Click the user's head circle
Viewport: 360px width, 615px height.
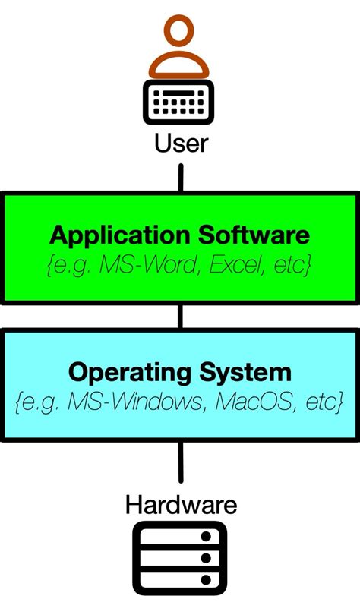point(180,34)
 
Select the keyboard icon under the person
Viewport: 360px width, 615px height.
point(181,103)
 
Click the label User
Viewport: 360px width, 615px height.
point(181,143)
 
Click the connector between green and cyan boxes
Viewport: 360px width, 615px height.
point(181,316)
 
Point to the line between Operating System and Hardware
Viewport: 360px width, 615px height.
point(181,463)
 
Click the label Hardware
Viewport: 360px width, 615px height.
point(181,504)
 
